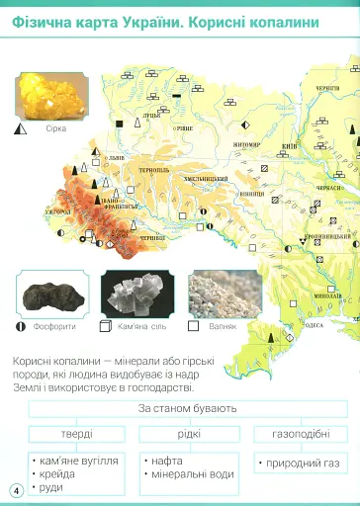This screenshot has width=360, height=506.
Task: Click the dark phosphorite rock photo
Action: click(50, 294)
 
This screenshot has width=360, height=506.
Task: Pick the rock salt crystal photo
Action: click(136, 294)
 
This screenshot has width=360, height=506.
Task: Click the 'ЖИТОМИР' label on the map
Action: click(246, 144)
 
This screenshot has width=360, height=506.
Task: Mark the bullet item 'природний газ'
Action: click(299, 463)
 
